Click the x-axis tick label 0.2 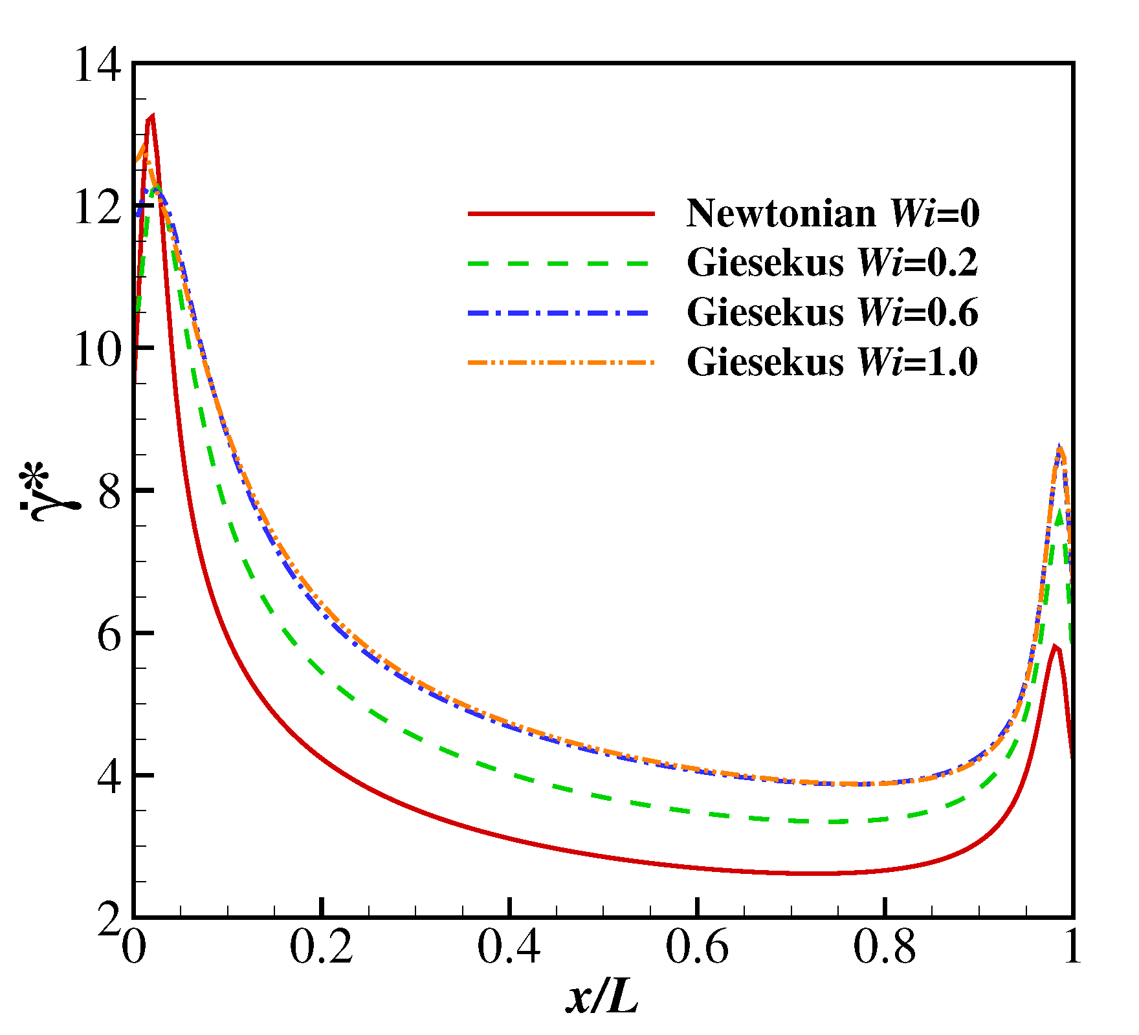click(321, 948)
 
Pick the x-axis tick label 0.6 click(697, 948)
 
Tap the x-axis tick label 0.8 click(885, 948)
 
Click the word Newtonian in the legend click(780, 213)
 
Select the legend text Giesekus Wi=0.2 click(832, 263)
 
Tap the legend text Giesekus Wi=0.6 click(832, 312)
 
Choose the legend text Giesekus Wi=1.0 click(832, 362)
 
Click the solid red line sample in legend click(561, 213)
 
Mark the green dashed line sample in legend click(561, 263)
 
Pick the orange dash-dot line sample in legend click(561, 362)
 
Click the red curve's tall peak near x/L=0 click(151, 118)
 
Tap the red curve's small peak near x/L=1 click(1055, 646)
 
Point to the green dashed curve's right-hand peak click(1059, 511)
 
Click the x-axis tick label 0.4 click(509, 948)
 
